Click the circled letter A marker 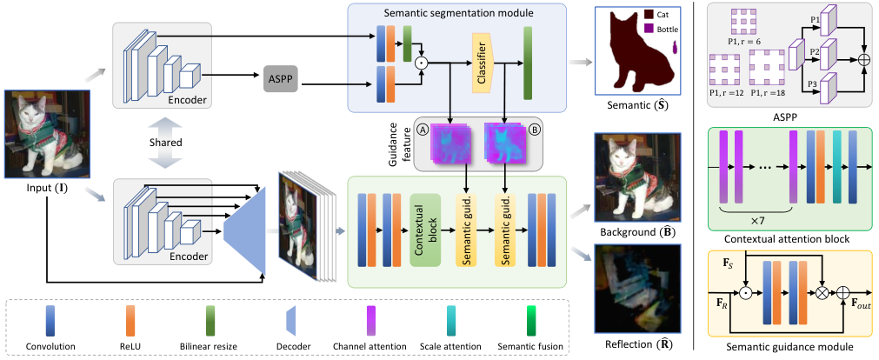[x=423, y=130]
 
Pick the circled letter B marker [x=533, y=130]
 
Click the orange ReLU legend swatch [x=130, y=322]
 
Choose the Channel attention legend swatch [x=370, y=322]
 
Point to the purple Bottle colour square [x=649, y=28]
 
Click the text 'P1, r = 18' [x=768, y=92]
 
